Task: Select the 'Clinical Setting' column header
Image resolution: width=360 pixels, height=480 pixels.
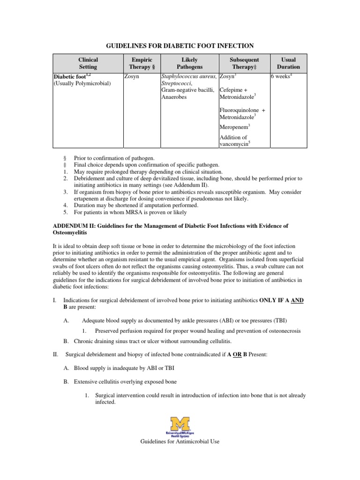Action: tap(88, 63)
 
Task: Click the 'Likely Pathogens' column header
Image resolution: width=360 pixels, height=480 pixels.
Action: tap(189, 63)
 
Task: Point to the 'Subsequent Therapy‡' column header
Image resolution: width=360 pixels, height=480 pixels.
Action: tap(244, 63)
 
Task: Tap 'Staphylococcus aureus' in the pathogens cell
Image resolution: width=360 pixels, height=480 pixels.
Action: tap(188, 76)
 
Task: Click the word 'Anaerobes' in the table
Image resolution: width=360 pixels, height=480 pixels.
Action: tap(175, 97)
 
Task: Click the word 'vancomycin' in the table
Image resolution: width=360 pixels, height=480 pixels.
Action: tap(233, 144)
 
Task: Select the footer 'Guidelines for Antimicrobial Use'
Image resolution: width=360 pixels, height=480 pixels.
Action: tap(180, 441)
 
